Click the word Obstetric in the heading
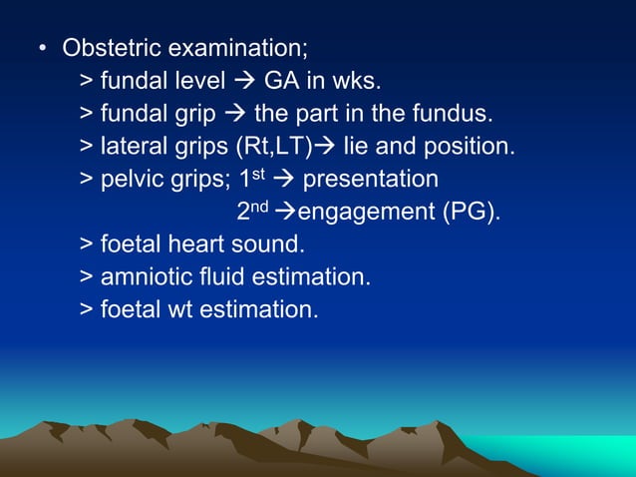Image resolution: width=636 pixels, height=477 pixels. click(108, 48)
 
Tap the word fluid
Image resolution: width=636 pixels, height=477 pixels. click(219, 277)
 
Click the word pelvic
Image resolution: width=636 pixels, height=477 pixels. click(131, 180)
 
